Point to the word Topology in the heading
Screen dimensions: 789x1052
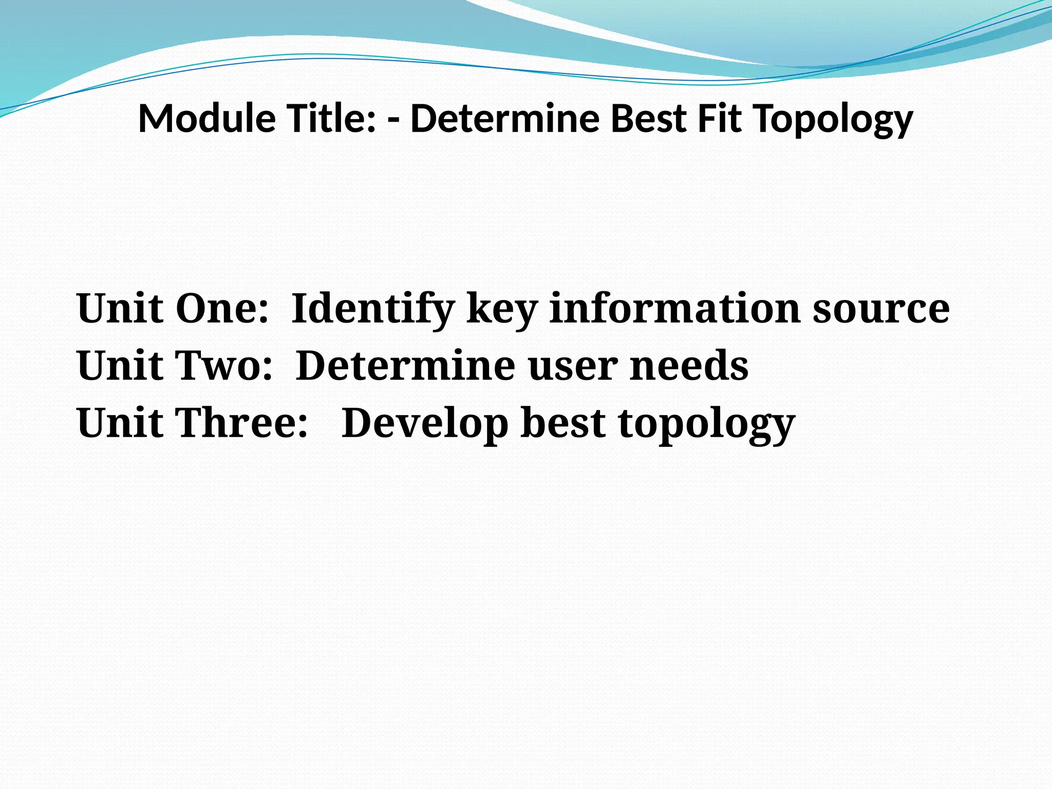833,120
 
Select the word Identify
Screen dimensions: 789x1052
373,309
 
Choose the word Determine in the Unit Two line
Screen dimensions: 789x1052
405,366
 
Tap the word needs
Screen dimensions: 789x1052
689,366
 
